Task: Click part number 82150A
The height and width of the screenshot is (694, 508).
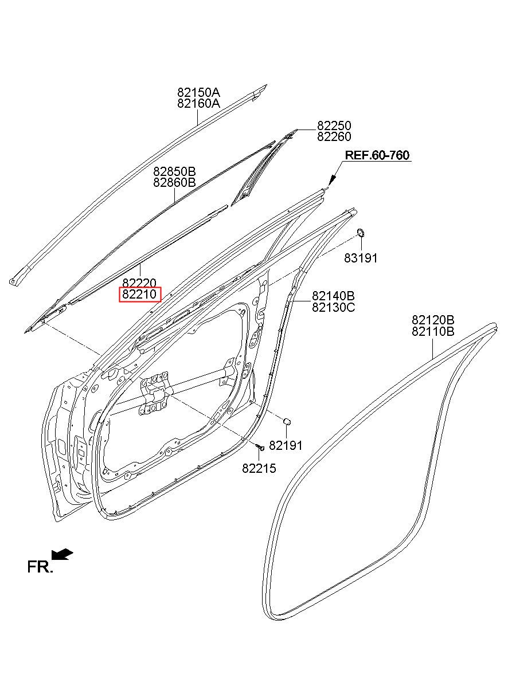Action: click(x=198, y=92)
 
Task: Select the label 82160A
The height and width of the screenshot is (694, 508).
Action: click(x=198, y=104)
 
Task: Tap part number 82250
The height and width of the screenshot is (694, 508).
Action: click(x=334, y=126)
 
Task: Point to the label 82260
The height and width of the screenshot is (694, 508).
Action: click(x=334, y=137)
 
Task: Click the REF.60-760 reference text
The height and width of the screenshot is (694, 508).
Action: click(x=377, y=155)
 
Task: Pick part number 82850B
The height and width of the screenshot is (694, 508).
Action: click(x=174, y=171)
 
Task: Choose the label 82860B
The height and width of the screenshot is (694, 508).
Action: click(x=174, y=183)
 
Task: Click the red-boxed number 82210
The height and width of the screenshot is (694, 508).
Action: click(x=140, y=295)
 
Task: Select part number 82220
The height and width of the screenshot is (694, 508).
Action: click(x=140, y=283)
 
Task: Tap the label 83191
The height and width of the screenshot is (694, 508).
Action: click(x=361, y=258)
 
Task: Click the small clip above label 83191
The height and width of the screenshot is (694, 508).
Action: click(x=362, y=232)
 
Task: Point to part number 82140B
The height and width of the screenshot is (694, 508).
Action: click(x=333, y=296)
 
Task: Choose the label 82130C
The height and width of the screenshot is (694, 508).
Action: click(x=333, y=307)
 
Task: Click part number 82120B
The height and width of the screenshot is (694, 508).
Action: click(x=433, y=320)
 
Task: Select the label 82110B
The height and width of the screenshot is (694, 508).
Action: click(x=433, y=331)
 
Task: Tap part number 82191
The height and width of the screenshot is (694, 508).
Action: click(x=286, y=445)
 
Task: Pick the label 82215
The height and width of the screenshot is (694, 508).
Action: click(x=259, y=469)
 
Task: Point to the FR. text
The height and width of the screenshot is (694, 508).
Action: click(x=40, y=567)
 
